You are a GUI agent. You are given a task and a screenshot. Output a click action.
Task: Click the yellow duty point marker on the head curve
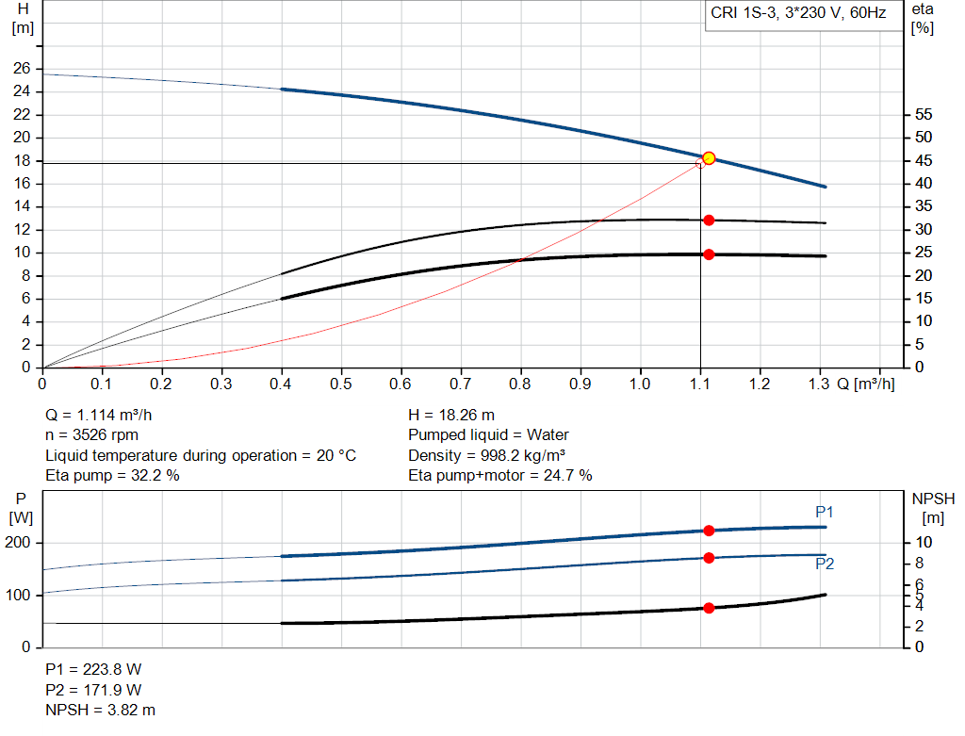point(709,158)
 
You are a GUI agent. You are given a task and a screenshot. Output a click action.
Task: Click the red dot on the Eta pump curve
point(709,220)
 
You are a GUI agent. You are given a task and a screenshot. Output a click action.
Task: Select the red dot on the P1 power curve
point(709,531)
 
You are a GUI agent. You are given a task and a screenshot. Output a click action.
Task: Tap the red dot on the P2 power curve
point(709,557)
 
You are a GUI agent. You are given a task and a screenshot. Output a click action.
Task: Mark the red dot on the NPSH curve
point(709,608)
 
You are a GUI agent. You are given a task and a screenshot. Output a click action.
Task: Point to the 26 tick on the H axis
point(21,69)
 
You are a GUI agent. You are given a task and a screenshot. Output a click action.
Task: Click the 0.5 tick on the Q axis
point(341,384)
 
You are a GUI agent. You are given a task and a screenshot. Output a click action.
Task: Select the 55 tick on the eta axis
point(923,115)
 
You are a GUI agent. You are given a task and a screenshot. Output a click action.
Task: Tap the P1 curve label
point(825,512)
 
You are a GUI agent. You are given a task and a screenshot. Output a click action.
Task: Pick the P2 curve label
point(825,564)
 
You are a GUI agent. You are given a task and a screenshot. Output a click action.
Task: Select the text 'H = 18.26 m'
point(451,415)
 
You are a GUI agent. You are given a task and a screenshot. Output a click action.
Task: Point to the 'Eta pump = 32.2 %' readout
point(112,476)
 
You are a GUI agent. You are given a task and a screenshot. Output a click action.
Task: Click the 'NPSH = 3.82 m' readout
point(101,710)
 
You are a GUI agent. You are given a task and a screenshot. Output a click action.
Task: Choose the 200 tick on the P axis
point(20,543)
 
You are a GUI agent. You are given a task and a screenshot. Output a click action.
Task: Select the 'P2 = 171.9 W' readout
point(93,689)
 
